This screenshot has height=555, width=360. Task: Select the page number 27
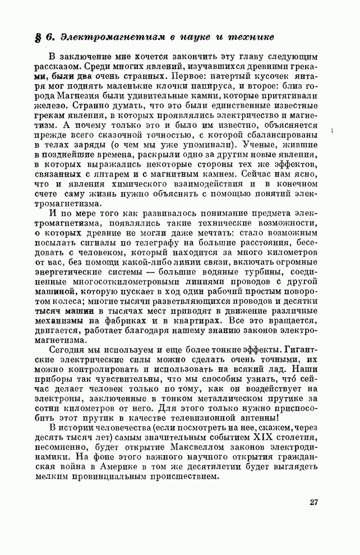(x=313, y=502)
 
